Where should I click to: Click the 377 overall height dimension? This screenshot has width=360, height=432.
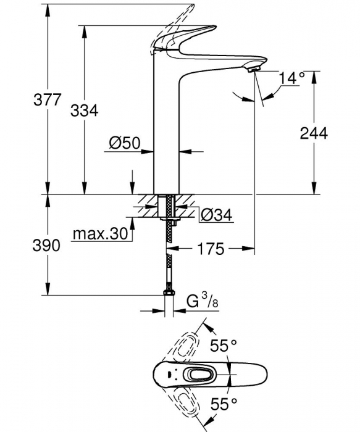pyautogui.click(x=46, y=100)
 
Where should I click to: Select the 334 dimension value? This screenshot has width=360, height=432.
pyautogui.click(x=85, y=110)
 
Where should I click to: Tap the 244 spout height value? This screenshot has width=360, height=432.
pyautogui.click(x=314, y=133)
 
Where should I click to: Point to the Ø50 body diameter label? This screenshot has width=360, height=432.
pyautogui.click(x=125, y=143)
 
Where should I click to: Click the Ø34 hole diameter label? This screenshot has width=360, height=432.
pyautogui.click(x=216, y=215)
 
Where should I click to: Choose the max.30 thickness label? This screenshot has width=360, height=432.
pyautogui.click(x=101, y=234)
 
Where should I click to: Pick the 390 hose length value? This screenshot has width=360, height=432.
pyautogui.click(x=46, y=245)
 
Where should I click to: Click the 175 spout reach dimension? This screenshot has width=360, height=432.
pyautogui.click(x=211, y=249)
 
